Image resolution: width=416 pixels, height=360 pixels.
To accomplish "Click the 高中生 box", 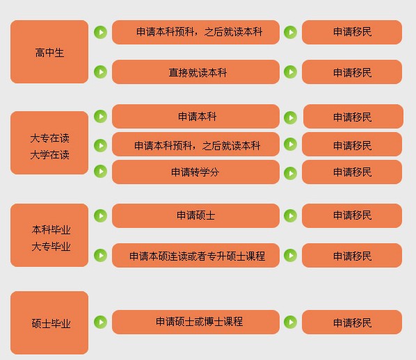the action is click(49, 51).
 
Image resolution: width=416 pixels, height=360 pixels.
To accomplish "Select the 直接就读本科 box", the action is click(195, 72).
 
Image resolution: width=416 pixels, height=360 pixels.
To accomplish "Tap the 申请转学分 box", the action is click(195, 172).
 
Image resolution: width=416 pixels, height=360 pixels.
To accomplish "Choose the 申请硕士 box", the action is click(195, 215).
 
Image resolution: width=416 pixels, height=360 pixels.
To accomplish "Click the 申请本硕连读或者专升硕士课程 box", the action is click(195, 255).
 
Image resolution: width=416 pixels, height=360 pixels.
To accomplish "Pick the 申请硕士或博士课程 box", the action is click(195, 322).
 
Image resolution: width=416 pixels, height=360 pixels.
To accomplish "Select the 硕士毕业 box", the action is click(49, 322).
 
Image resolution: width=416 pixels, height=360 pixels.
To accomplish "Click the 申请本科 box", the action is click(195, 116).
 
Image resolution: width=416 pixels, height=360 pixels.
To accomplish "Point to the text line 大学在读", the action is click(50, 154).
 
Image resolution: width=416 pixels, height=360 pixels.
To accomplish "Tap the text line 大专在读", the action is click(50, 138).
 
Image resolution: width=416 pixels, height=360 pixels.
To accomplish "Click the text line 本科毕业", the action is click(51, 229).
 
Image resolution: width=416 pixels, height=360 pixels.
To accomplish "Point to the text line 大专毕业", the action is click(51, 246).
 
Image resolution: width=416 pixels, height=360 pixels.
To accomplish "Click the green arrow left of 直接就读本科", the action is click(101, 72).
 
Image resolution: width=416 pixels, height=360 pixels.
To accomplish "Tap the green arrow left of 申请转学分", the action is click(101, 171).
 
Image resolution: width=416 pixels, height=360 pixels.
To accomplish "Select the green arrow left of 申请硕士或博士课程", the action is click(101, 322).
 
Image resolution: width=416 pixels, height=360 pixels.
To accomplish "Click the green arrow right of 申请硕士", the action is click(291, 215).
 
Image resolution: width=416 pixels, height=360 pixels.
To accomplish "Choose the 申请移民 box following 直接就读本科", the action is click(352, 72).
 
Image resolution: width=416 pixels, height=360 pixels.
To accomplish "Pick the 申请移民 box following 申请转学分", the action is click(352, 172).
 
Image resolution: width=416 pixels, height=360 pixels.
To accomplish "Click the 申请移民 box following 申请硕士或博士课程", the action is click(352, 322).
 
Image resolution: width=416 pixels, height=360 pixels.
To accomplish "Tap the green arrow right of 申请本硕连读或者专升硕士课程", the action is click(291, 255).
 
